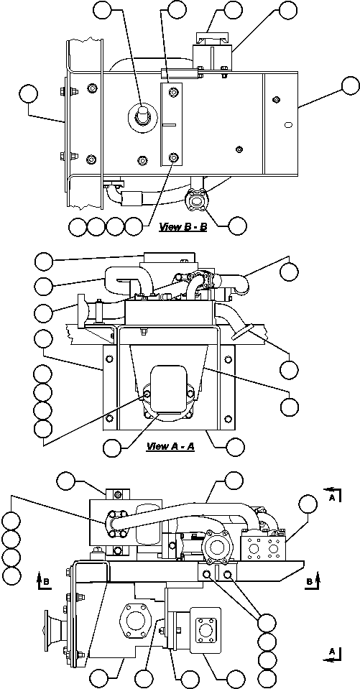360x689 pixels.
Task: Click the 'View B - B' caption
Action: click(x=183, y=228)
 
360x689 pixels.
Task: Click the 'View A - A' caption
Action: click(x=170, y=446)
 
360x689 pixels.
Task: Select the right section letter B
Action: click(x=310, y=581)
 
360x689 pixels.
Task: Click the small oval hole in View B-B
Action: click(x=287, y=125)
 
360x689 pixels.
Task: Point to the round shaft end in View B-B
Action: click(x=141, y=114)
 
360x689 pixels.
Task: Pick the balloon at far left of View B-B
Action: click(x=29, y=94)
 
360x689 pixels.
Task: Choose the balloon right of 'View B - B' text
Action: click(x=236, y=225)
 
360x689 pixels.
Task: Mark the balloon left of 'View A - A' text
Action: click(x=111, y=447)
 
